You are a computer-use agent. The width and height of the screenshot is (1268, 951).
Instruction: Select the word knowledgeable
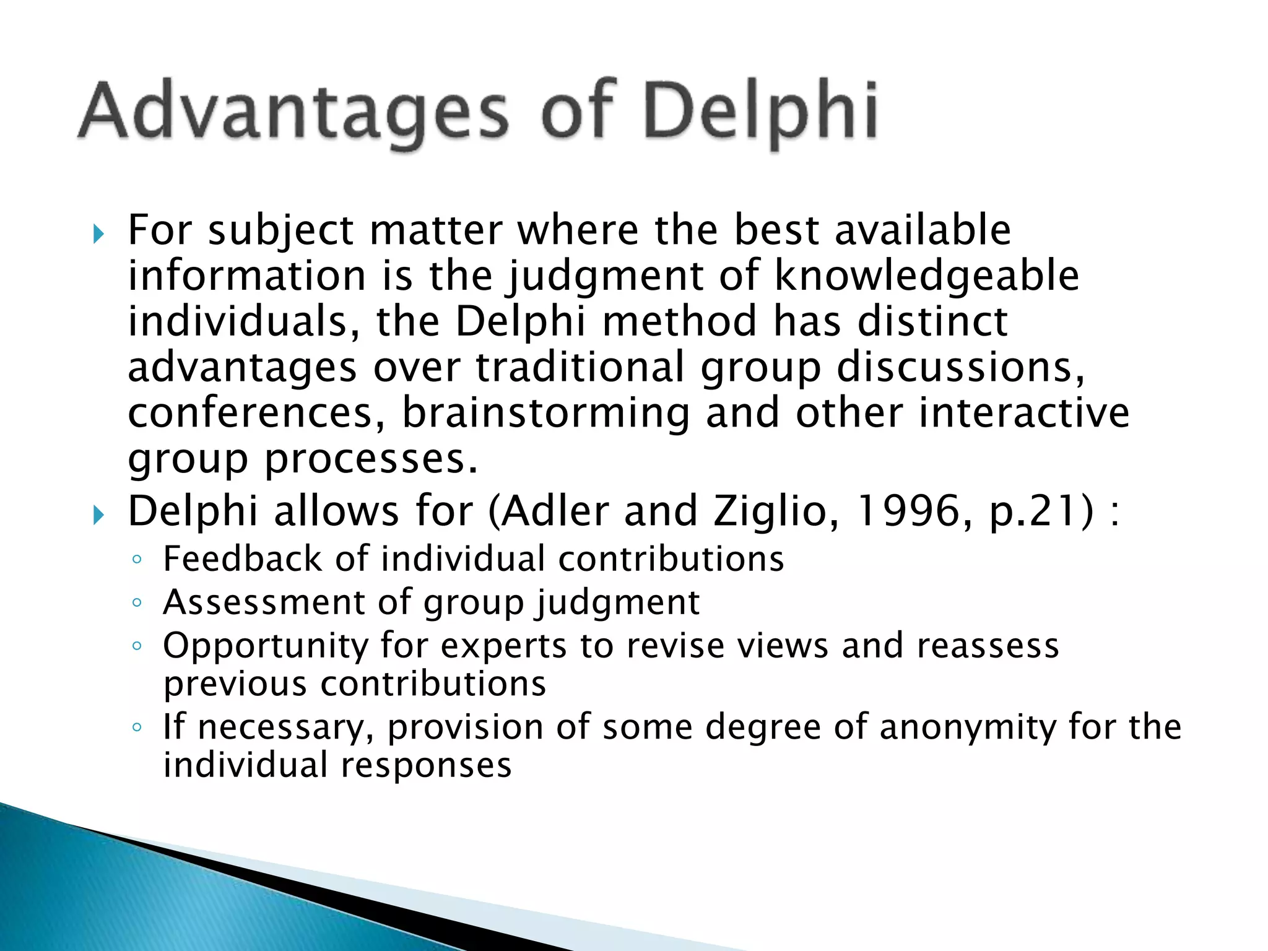pos(927,276)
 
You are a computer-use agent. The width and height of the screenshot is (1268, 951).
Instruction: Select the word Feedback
pos(242,558)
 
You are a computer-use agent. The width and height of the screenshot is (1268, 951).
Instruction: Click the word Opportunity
pos(266,646)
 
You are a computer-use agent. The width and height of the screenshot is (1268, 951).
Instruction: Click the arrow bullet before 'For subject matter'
pos(98,235)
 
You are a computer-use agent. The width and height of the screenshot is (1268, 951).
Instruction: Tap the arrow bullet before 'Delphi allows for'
pos(98,515)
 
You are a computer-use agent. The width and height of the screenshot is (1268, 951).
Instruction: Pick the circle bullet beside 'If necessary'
pos(137,727)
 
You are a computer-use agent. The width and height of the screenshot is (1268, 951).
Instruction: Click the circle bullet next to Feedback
pos(137,560)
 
